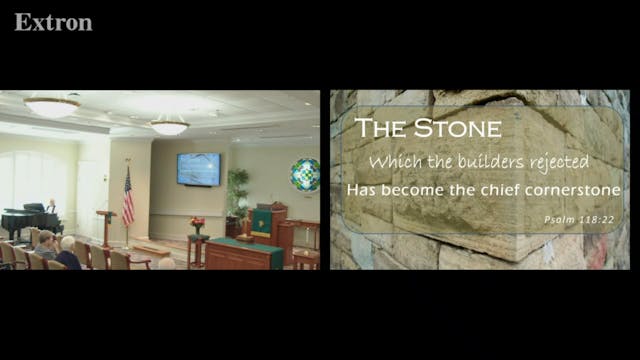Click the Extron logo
click(53, 21)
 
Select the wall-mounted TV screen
click(198, 169)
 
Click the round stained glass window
click(304, 174)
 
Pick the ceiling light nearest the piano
click(51, 106)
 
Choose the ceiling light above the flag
click(169, 126)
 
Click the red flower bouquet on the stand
click(197, 223)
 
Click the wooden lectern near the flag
click(106, 226)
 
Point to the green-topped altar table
click(244, 251)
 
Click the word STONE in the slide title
click(459, 127)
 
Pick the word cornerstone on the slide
click(570, 188)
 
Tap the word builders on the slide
click(478, 160)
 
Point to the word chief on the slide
click(486, 188)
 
